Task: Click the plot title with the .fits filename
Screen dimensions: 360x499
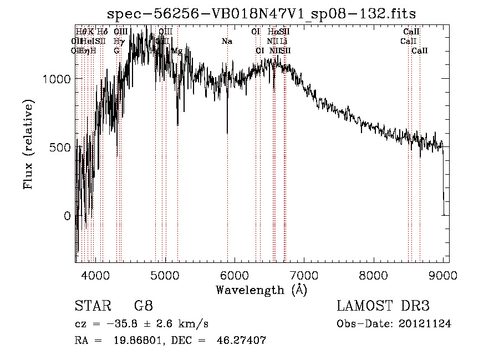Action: coord(261,13)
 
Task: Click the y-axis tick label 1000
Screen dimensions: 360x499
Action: coord(57,79)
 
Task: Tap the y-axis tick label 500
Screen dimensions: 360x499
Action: coord(61,148)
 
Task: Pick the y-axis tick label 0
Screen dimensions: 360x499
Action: coord(68,216)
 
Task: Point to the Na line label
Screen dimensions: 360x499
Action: coord(227,41)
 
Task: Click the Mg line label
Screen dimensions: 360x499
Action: coord(177,51)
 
